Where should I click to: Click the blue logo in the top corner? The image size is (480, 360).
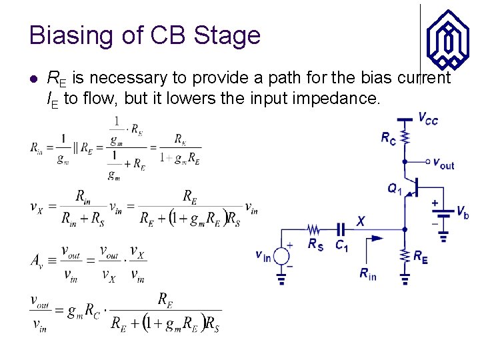pos(447,40)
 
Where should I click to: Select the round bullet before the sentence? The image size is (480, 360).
pos(34,79)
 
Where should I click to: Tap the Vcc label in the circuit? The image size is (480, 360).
pos(428,119)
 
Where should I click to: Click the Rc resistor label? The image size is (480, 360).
pos(388,137)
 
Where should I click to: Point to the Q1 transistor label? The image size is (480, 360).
pos(395,189)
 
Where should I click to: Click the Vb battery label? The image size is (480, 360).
pos(463,212)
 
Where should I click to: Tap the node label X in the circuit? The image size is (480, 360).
pos(361,221)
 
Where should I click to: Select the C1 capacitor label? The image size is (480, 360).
pos(342,245)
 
